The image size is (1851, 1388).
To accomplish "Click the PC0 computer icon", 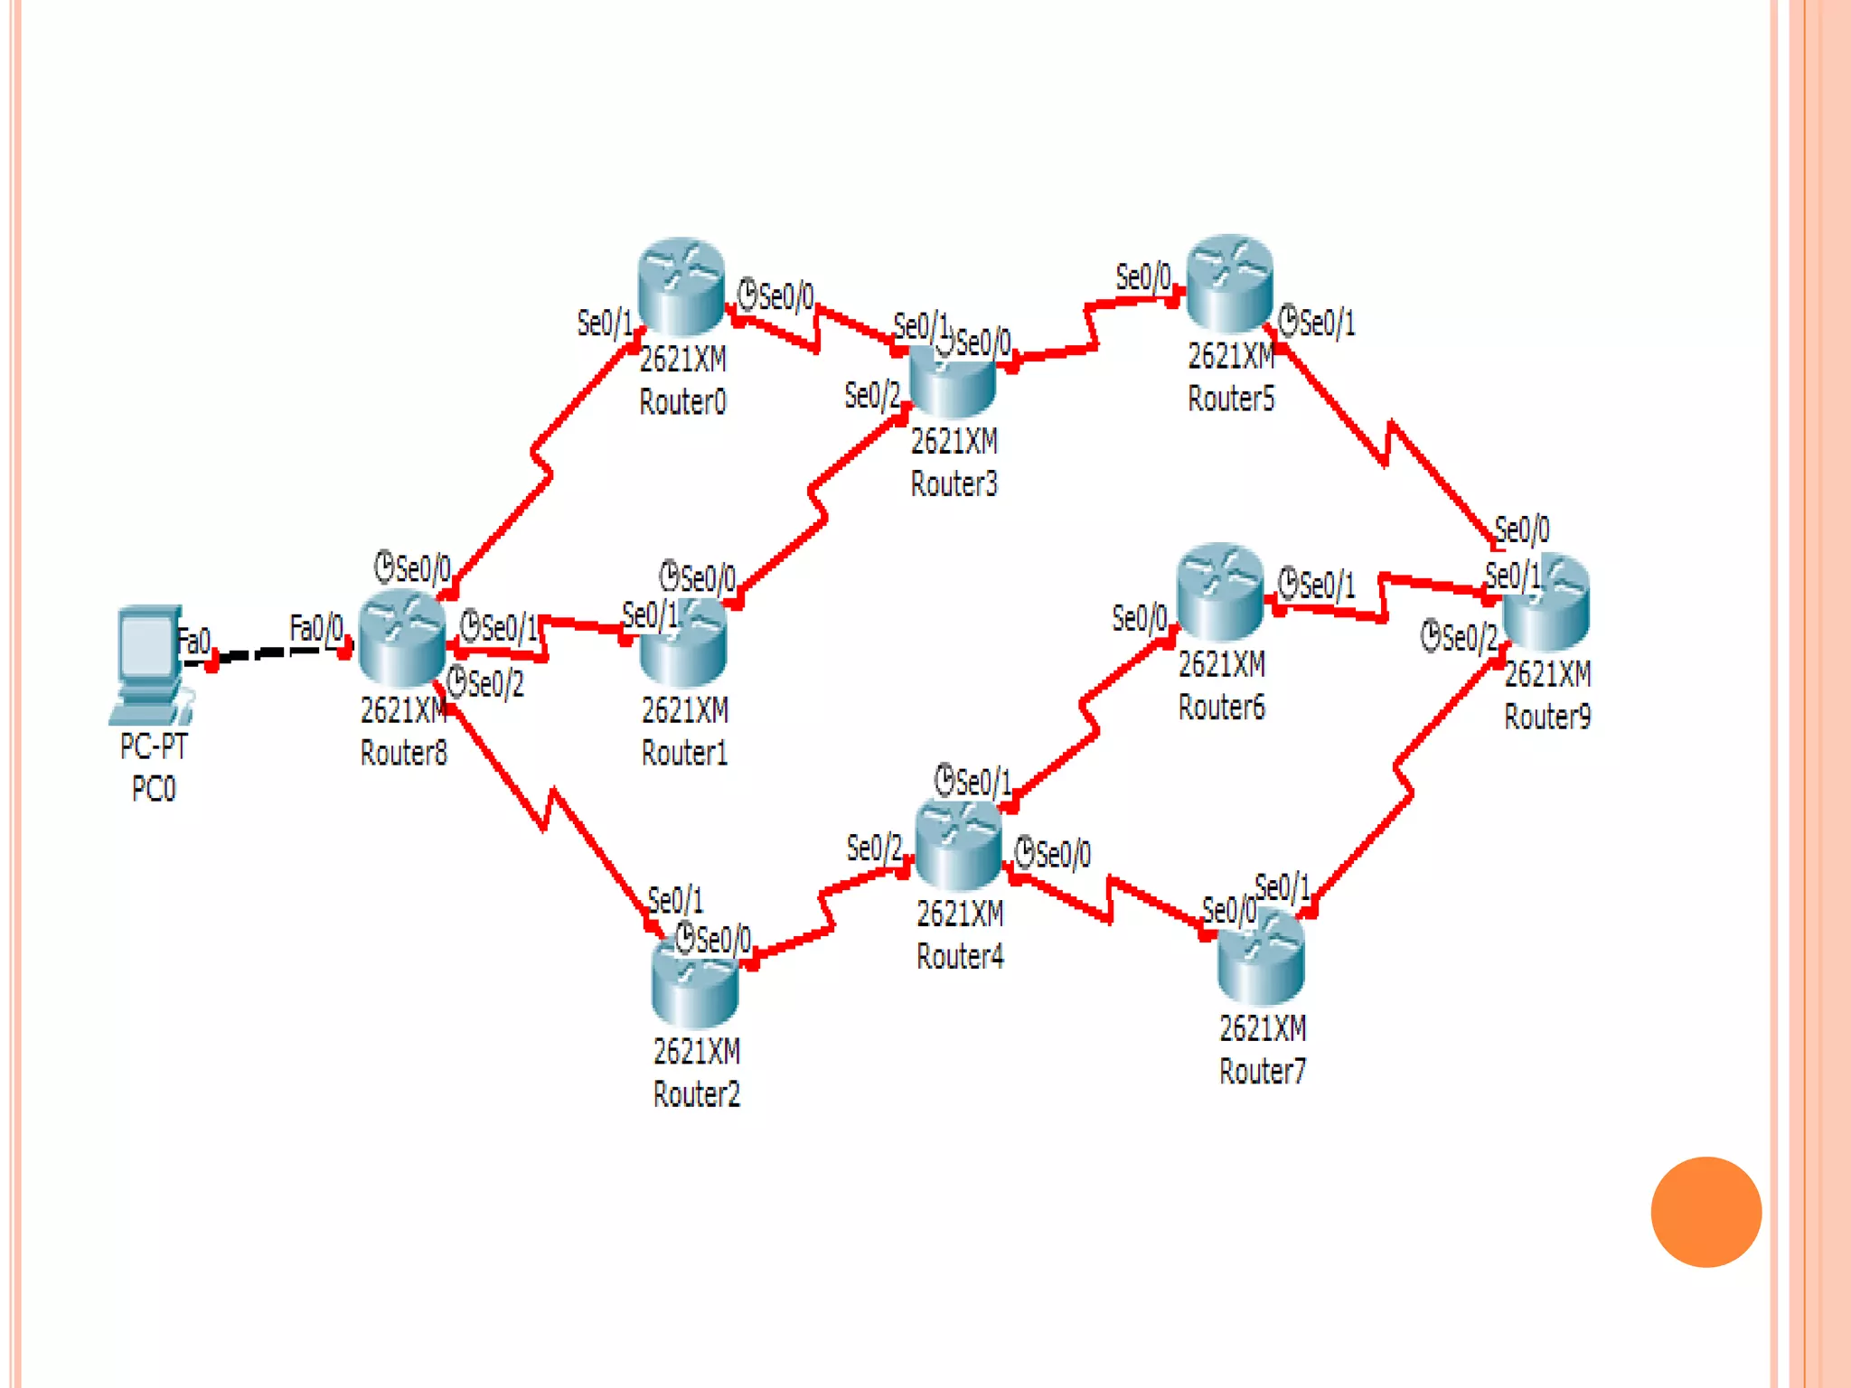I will [x=150, y=664].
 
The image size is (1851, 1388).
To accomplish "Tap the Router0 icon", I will [x=681, y=286].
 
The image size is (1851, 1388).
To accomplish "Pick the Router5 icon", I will [x=1229, y=283].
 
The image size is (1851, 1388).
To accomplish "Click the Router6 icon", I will [x=1220, y=592].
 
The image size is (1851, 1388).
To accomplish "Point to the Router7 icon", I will [x=1261, y=958].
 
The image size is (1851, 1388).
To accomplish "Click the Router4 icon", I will [x=959, y=845].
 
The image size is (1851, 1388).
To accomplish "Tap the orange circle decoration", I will [x=1705, y=1212].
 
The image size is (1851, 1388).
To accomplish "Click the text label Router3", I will [x=954, y=484].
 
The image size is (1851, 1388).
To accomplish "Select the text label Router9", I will [x=1547, y=717].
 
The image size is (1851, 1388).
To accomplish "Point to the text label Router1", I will [x=684, y=753].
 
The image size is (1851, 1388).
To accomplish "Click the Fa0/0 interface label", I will [x=316, y=627].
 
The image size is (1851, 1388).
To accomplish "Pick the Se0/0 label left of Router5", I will [x=1142, y=277].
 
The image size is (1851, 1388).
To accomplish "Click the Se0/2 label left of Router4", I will [x=873, y=848].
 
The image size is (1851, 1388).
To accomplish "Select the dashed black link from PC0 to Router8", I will [x=271, y=652].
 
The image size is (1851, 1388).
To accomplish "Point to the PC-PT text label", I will [x=154, y=746].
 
